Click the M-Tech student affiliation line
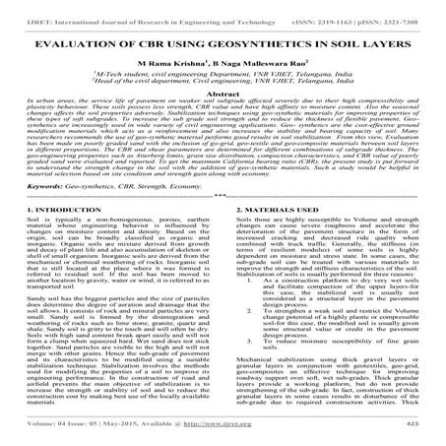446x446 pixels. coord(223,73)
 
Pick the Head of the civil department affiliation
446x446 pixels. coord(223,81)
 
